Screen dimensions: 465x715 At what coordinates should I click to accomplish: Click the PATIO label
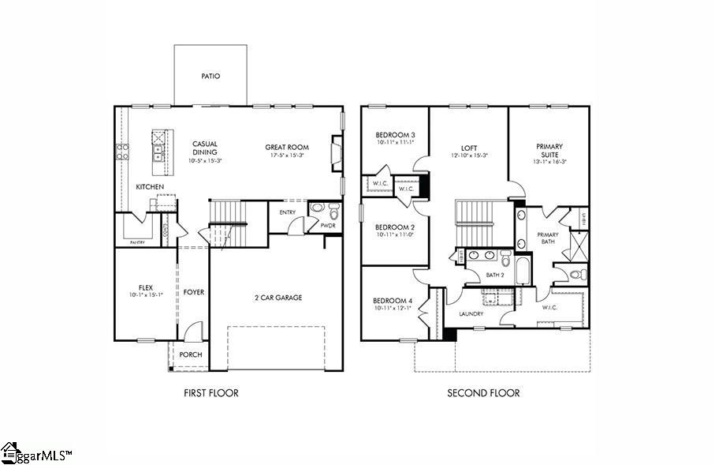pyautogui.click(x=210, y=77)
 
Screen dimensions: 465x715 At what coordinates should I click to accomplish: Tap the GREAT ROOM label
pyautogui.click(x=287, y=147)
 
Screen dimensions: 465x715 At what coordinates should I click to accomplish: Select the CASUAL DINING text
pyautogui.click(x=205, y=148)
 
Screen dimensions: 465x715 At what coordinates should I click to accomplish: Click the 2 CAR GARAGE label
pyautogui.click(x=277, y=298)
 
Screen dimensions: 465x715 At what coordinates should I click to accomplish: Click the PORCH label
pyautogui.click(x=190, y=354)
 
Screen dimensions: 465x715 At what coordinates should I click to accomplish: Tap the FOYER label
pyautogui.click(x=194, y=292)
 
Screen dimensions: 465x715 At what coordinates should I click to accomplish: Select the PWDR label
pyautogui.click(x=328, y=226)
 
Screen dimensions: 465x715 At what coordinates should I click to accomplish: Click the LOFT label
pyautogui.click(x=470, y=147)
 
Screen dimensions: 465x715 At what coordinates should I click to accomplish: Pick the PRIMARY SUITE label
pyautogui.click(x=549, y=150)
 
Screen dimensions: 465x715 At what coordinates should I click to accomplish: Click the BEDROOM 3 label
pyautogui.click(x=395, y=135)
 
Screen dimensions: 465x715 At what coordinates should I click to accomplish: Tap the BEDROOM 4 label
pyautogui.click(x=393, y=301)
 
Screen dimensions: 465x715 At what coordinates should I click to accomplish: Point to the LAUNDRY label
pyautogui.click(x=471, y=314)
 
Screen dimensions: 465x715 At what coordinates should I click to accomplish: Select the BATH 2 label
pyautogui.click(x=494, y=275)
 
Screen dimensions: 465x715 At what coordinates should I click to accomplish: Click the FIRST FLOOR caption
pyautogui.click(x=210, y=393)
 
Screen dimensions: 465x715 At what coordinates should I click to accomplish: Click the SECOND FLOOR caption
pyautogui.click(x=483, y=393)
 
